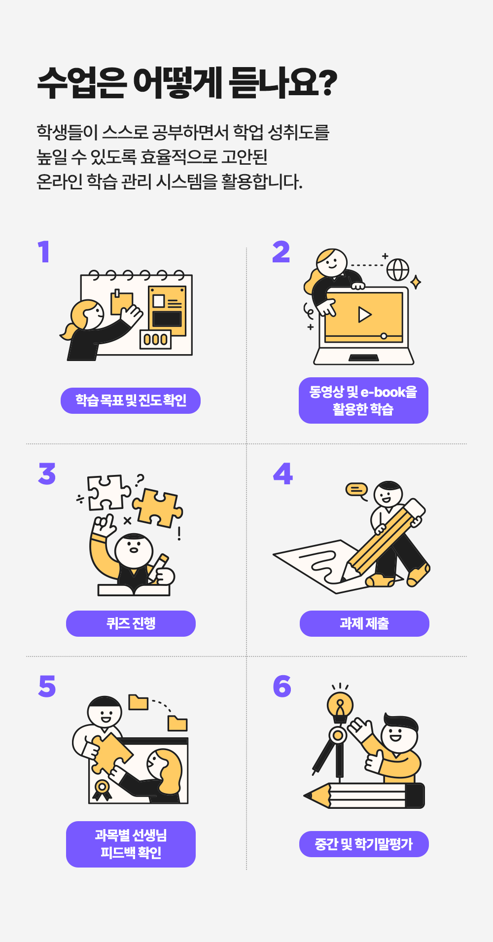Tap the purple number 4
(283, 473)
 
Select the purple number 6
(282, 686)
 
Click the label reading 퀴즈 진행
(131, 623)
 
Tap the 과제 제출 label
(364, 623)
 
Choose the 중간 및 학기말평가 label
(364, 844)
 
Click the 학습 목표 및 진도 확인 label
(131, 400)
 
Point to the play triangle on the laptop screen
(364, 314)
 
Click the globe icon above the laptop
(398, 269)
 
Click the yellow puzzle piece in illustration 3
(157, 508)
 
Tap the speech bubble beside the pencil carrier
(357, 490)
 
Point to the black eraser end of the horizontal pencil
(415, 795)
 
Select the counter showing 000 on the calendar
(156, 339)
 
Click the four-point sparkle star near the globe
(416, 282)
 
